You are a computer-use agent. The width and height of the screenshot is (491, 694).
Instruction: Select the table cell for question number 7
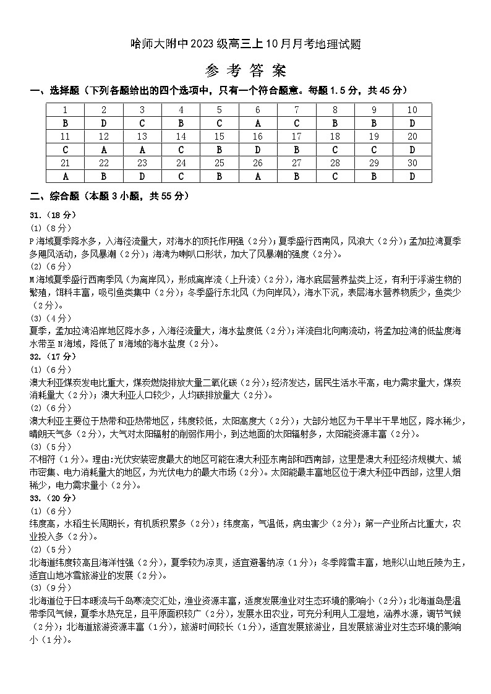click(297, 110)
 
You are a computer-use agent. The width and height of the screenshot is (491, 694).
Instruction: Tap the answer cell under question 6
click(258, 123)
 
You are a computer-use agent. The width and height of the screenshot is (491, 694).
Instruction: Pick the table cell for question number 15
click(220, 137)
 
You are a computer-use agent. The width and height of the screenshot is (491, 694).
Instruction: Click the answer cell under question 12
click(103, 150)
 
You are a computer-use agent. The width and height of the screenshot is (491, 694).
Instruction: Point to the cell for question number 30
click(412, 163)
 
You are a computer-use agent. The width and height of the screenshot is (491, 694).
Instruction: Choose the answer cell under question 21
click(65, 176)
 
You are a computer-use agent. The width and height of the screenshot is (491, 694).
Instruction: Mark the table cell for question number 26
click(258, 163)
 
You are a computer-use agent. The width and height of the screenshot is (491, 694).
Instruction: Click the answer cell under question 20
click(412, 150)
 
